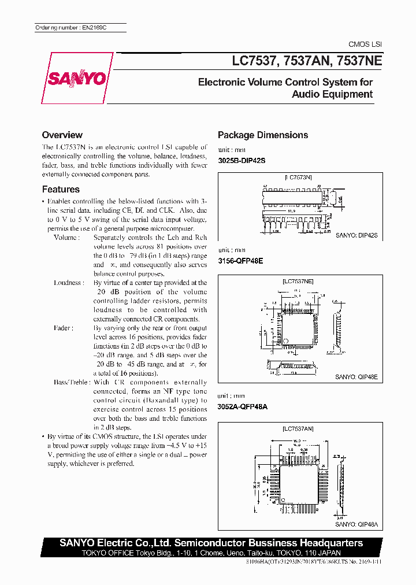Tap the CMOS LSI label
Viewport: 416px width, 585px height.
365,45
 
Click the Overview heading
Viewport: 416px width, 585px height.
62,135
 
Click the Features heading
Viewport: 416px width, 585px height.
61,189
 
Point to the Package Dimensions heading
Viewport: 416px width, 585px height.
262,135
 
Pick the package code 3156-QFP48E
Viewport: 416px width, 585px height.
240,261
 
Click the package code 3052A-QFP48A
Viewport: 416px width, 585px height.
242,406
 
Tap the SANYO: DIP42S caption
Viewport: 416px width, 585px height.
356,236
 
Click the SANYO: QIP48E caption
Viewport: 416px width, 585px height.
356,376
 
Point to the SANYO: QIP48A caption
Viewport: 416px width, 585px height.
356,524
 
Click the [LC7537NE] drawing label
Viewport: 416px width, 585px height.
297,282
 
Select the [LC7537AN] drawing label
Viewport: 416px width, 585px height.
298,429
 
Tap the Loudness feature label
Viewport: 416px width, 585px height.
68,283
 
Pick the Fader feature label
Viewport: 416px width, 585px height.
64,328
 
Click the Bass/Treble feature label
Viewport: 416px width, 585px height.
72,382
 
